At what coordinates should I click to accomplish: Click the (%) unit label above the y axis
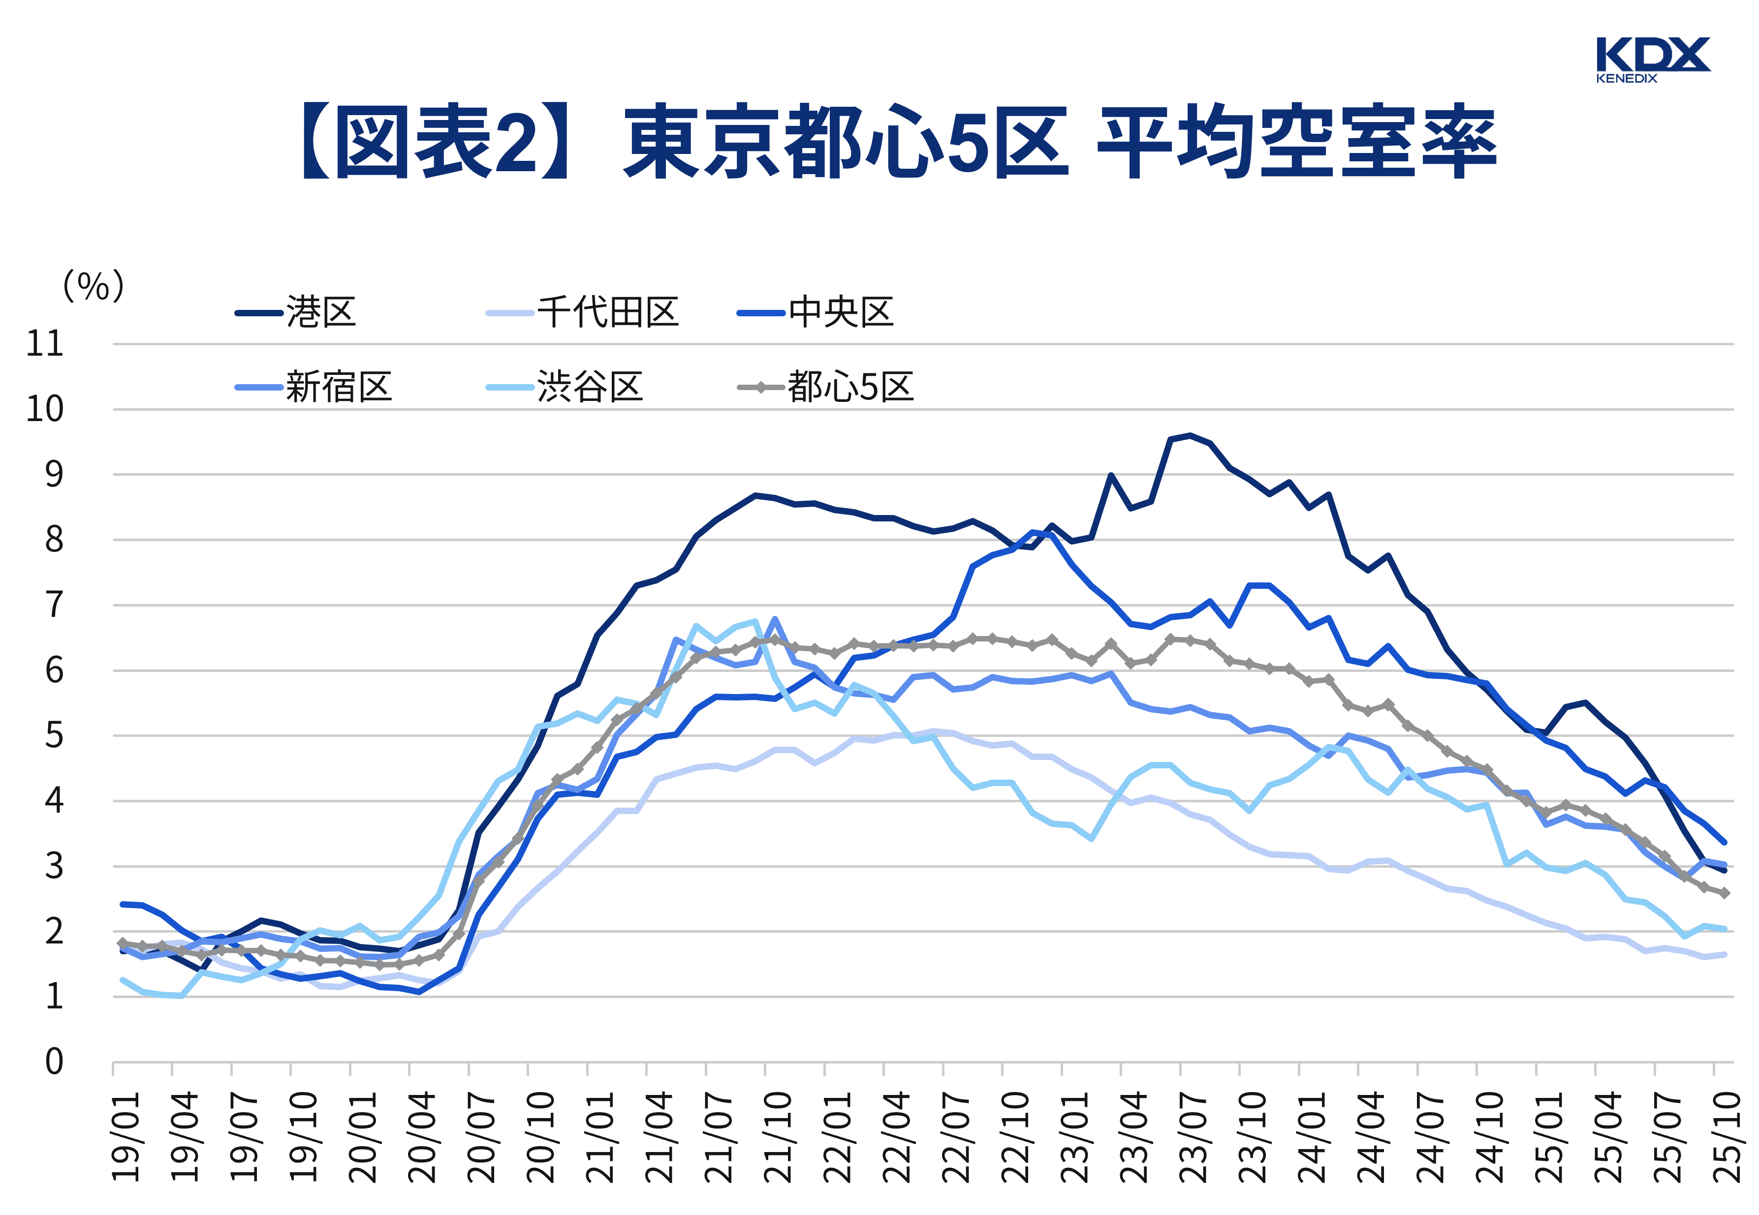(93, 286)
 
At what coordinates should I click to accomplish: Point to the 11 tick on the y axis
(44, 344)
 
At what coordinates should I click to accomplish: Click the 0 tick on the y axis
(53, 1061)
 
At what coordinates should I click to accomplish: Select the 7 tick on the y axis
(53, 605)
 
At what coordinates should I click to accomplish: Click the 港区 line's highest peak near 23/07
(1190, 435)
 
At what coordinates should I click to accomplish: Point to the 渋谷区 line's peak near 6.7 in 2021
(754, 621)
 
